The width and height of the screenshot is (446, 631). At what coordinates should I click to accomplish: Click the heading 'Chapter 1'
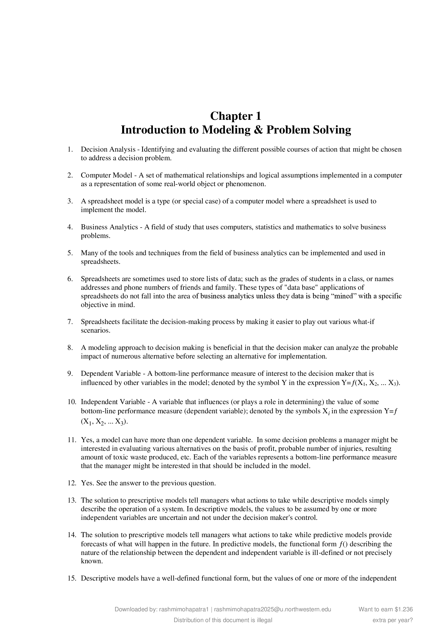(x=236, y=116)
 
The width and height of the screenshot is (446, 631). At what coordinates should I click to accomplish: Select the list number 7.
(x=70, y=322)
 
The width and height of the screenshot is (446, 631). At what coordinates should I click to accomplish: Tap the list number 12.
(x=71, y=483)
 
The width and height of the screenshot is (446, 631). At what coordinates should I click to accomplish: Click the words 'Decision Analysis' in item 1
(x=108, y=149)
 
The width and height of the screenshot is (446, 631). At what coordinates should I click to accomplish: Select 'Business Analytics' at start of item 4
(x=109, y=227)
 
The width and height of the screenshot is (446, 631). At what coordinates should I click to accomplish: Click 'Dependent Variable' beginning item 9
(x=111, y=373)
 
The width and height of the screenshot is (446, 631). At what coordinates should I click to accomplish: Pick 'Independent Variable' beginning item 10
(x=113, y=402)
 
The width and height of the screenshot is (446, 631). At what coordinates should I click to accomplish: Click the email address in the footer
(x=272, y=609)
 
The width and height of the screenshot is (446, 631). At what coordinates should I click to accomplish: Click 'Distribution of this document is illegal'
(x=223, y=620)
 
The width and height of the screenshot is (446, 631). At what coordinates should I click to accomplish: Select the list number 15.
(x=71, y=578)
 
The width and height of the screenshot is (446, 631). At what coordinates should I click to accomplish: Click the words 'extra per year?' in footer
(x=393, y=620)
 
